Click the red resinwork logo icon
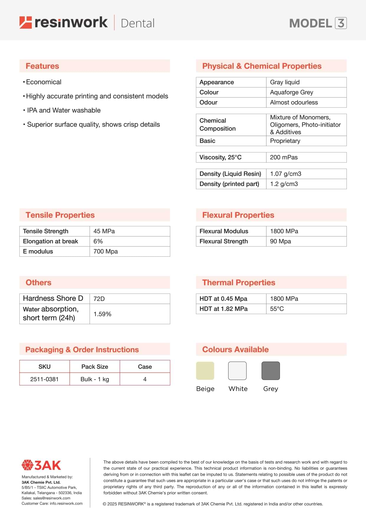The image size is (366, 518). pyautogui.click(x=25, y=23)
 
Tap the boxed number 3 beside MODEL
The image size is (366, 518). pyautogui.click(x=341, y=23)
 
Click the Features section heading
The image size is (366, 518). pyautogui.click(x=42, y=66)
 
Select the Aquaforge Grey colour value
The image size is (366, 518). pyautogui.click(x=291, y=92)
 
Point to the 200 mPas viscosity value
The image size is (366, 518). pyautogui.click(x=284, y=157)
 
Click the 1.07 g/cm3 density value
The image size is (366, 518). pyautogui.click(x=285, y=174)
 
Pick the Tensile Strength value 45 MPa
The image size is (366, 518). pyautogui.click(x=104, y=231)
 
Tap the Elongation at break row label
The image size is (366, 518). pyautogui.click(x=50, y=241)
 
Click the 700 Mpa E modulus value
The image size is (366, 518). pyautogui.click(x=106, y=251)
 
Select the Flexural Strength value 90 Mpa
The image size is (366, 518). pyautogui.click(x=280, y=241)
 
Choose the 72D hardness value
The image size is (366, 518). pyautogui.click(x=99, y=299)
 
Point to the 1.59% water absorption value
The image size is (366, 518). pyautogui.click(x=102, y=314)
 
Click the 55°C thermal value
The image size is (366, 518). pyautogui.click(x=277, y=309)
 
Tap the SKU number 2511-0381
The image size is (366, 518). pyautogui.click(x=44, y=379)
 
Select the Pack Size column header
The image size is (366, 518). pyautogui.click(x=95, y=366)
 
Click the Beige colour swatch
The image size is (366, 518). pyautogui.click(x=205, y=371)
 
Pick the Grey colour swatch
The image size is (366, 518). pyautogui.click(x=270, y=371)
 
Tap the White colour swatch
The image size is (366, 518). pyautogui.click(x=237, y=371)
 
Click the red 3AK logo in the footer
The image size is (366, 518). pyautogui.click(x=41, y=465)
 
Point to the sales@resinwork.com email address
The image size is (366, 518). pyautogui.click(x=52, y=498)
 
